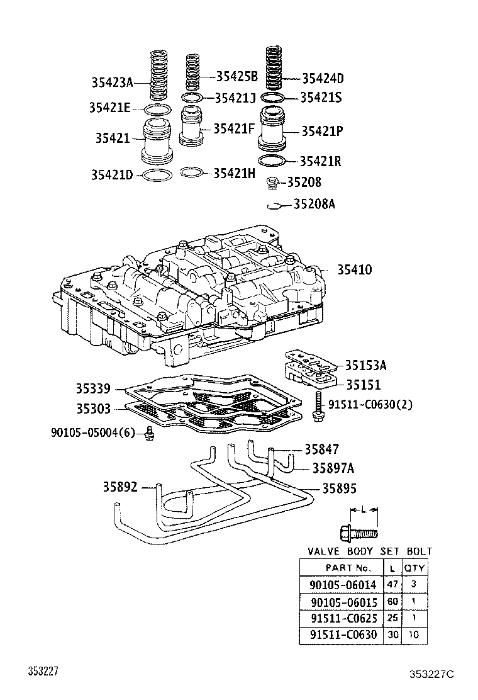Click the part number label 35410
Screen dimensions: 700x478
pos(354,270)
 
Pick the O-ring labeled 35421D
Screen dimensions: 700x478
pos(157,174)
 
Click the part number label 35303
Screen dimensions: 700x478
pos(94,409)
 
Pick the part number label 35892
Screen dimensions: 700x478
pos(120,487)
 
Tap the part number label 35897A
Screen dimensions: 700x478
pos(333,468)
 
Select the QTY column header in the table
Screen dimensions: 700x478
pos(414,567)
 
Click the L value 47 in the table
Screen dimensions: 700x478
pos(393,584)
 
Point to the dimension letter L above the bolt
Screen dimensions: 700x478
pos(363,509)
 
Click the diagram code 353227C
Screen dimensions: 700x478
pos(431,674)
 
